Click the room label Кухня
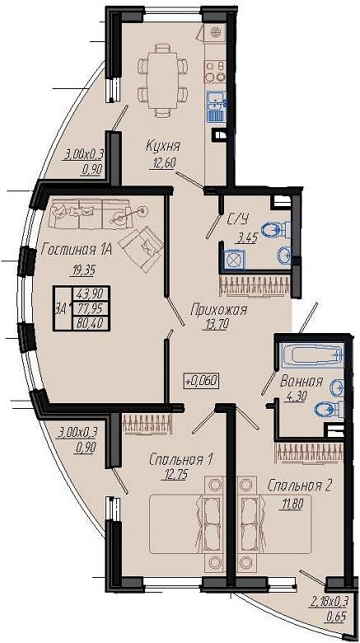pos(163,146)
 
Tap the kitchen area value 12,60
pos(162,162)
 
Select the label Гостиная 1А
pos(77,250)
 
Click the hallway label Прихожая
pos(219,310)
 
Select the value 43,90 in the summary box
pos(91,293)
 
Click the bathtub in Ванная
pos(311,355)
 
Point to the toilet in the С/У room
pos(275,230)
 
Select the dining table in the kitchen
pos(162,81)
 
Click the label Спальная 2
pos(299,486)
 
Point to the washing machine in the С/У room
pos(233,260)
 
